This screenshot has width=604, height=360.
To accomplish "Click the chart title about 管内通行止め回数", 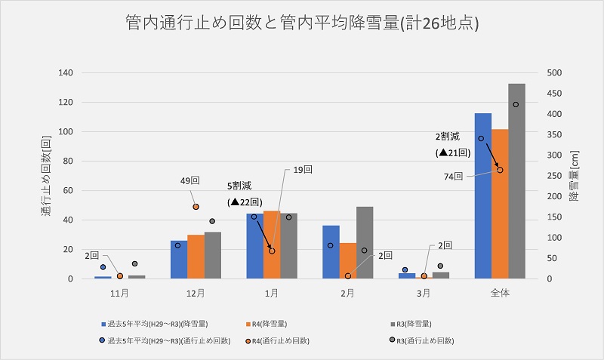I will coord(302,25).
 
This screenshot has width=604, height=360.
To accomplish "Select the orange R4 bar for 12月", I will coord(196,257).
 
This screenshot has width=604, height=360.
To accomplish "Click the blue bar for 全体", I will coord(482,196).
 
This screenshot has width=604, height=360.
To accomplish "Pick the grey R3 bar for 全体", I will coord(517,181).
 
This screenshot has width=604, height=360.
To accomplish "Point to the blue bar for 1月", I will coord(254,246).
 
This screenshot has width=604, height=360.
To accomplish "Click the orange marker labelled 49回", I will coord(196,206).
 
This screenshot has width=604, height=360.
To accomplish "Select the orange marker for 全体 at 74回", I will coord(500,170).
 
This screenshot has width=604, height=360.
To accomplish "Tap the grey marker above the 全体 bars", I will coord(516,104).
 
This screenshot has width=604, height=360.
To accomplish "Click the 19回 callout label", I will coord(303,171).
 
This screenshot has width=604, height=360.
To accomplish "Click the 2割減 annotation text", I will coord(450,137).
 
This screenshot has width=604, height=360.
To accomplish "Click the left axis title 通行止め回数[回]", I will coord(48,175).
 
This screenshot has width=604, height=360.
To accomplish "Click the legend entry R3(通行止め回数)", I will coord(433,340).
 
